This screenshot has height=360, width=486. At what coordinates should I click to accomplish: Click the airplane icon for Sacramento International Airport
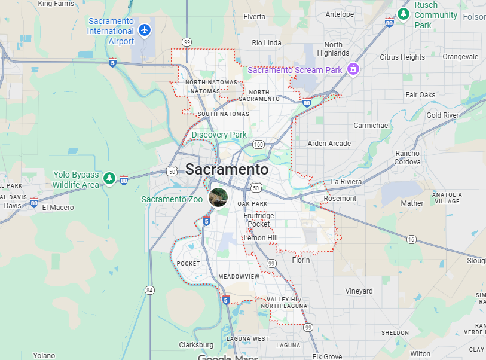point(144,29)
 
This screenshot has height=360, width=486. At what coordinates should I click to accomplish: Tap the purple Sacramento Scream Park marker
point(353,70)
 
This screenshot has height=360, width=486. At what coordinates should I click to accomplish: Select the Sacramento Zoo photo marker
point(218,197)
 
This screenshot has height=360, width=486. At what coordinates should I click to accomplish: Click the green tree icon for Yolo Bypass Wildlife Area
point(109,178)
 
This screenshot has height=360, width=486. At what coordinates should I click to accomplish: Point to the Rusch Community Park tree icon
point(404,13)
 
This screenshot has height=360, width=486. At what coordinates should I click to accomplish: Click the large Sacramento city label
point(227,169)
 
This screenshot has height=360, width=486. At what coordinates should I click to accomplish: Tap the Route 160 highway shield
point(258,144)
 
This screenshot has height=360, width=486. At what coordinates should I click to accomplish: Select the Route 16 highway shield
point(411,239)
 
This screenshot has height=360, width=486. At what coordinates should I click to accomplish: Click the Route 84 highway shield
point(149,290)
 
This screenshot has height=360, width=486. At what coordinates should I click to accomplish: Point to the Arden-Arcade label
point(329,144)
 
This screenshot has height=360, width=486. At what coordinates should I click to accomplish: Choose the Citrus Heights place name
point(402,57)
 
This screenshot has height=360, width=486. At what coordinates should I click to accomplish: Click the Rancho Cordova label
point(407,158)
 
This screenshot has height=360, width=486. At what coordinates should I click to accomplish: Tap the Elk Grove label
point(327,357)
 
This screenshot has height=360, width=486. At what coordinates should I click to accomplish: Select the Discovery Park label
point(219,135)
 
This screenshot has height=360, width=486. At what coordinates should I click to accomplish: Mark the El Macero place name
point(58,208)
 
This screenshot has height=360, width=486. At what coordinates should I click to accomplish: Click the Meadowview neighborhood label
point(239,277)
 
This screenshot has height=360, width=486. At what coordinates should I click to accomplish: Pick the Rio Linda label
point(266,42)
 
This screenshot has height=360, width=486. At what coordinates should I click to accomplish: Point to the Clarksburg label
point(196,345)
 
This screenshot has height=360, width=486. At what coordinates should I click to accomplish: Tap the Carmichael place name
point(371,126)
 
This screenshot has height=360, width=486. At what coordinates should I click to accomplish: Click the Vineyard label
point(359,291)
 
